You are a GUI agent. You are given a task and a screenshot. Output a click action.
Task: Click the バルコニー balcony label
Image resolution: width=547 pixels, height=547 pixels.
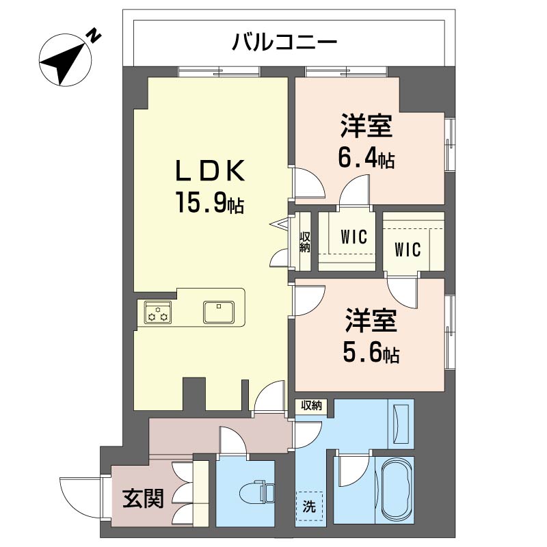[x=284, y=43]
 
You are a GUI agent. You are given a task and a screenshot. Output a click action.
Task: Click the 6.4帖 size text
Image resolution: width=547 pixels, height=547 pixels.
[x=366, y=159]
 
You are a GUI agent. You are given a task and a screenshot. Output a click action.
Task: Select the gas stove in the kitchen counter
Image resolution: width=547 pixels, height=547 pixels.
[x=159, y=312]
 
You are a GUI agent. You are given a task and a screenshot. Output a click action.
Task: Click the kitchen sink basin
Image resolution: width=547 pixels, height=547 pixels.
[x=219, y=312]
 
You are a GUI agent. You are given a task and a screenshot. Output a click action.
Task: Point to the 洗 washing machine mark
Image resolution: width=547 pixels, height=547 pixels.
[x=309, y=507]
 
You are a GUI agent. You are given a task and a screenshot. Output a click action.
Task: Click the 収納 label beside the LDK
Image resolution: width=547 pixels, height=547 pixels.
[x=305, y=242]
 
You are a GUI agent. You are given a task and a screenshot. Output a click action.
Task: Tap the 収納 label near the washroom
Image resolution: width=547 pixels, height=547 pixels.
[x=311, y=405]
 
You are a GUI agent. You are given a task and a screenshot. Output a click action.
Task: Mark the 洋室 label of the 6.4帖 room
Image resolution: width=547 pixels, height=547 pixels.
[x=366, y=128]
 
